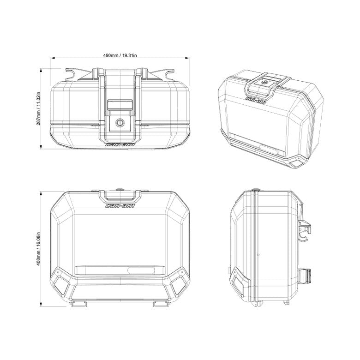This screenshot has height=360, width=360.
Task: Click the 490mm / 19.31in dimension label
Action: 120,55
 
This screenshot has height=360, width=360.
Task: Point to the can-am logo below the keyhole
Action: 120,144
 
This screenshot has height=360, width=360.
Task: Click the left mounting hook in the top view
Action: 74,73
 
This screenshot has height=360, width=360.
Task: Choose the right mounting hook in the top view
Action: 165,73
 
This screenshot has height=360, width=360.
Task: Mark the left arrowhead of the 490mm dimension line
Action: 52,58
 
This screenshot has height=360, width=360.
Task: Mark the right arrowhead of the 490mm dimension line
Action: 187,58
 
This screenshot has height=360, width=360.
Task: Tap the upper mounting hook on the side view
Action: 305,228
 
